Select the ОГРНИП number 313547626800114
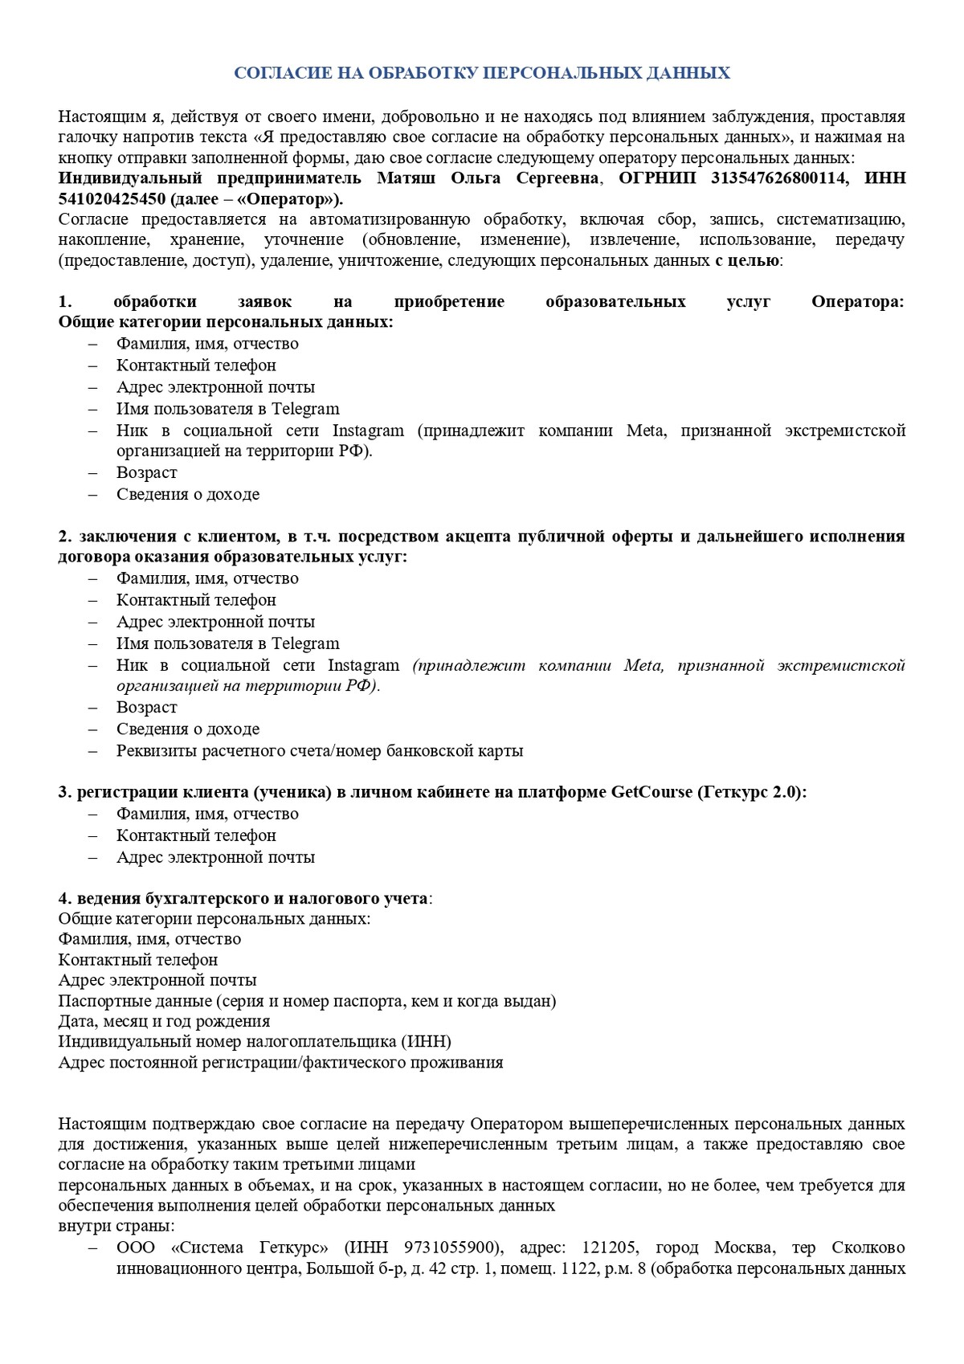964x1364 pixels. click(x=778, y=178)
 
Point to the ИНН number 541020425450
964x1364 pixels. click(x=112, y=198)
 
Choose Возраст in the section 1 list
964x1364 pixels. click(x=146, y=472)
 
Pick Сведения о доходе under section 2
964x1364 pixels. click(x=187, y=729)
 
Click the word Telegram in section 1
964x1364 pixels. click(x=305, y=408)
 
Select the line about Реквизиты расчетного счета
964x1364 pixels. click(x=319, y=750)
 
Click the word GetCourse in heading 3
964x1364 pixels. click(x=652, y=792)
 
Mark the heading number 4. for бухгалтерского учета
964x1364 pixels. click(x=65, y=898)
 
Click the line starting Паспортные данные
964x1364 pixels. click(x=307, y=1001)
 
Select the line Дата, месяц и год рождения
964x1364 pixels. click(x=164, y=1021)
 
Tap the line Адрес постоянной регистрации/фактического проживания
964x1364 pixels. click(x=280, y=1062)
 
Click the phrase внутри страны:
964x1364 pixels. click(x=116, y=1226)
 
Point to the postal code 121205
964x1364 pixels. click(x=610, y=1248)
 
